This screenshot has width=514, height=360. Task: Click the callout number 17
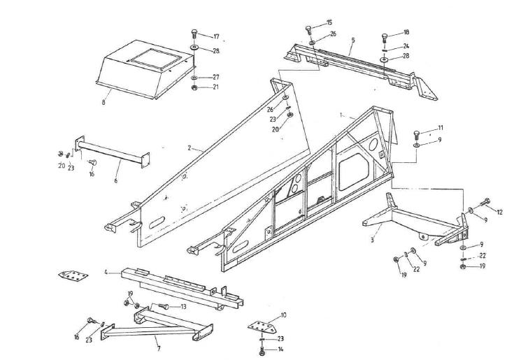coord(216,36)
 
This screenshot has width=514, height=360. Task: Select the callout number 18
coord(406,33)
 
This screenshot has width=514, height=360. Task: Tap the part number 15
coord(329,23)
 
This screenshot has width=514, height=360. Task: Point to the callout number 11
coord(441,128)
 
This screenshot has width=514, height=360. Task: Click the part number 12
coord(499,211)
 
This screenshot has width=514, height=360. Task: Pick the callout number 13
coord(183,307)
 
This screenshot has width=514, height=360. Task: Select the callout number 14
coord(281,349)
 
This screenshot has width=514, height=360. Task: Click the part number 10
coord(283,315)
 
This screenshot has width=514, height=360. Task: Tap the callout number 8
coord(103,102)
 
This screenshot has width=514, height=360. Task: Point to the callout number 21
coord(216,87)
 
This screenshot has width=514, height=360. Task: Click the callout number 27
coord(216,77)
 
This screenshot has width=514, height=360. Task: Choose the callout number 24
coord(406,47)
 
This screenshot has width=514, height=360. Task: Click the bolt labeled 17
coord(194,34)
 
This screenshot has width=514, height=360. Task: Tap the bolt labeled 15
coord(308,29)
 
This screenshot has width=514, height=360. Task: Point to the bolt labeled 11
coord(417,132)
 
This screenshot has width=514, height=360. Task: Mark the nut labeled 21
coord(194,88)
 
